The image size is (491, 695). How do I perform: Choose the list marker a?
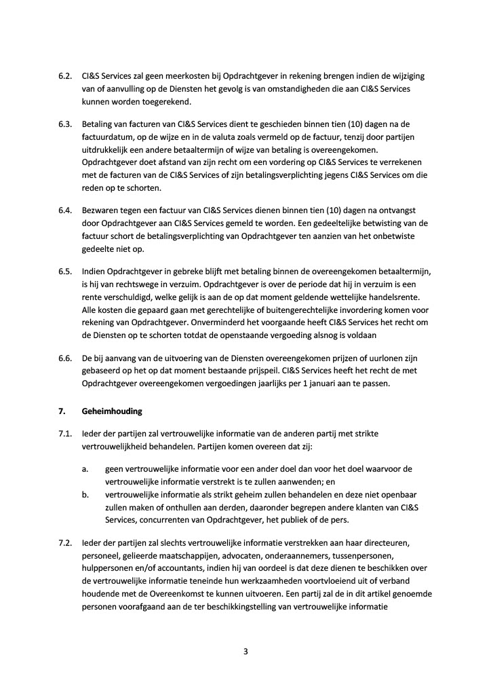pyautogui.click(x=85, y=469)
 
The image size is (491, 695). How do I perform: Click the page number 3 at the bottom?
pyautogui.click(x=245, y=652)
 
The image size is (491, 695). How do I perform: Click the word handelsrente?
pyautogui.click(x=394, y=297)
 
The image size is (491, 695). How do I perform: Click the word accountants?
pyautogui.click(x=202, y=569)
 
